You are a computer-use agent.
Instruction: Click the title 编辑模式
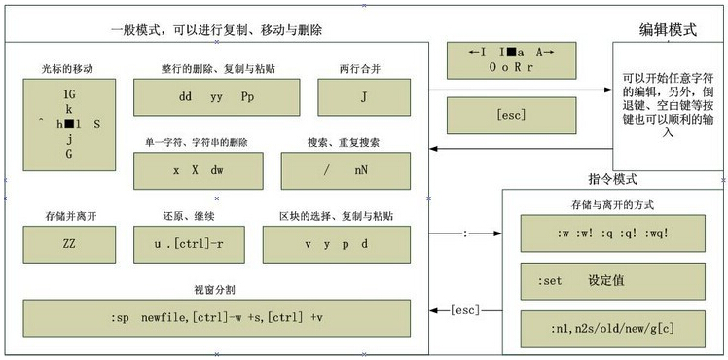[x=668, y=29]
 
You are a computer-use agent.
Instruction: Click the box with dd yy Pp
[x=215, y=98]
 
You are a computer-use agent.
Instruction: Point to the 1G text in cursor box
[x=69, y=95]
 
